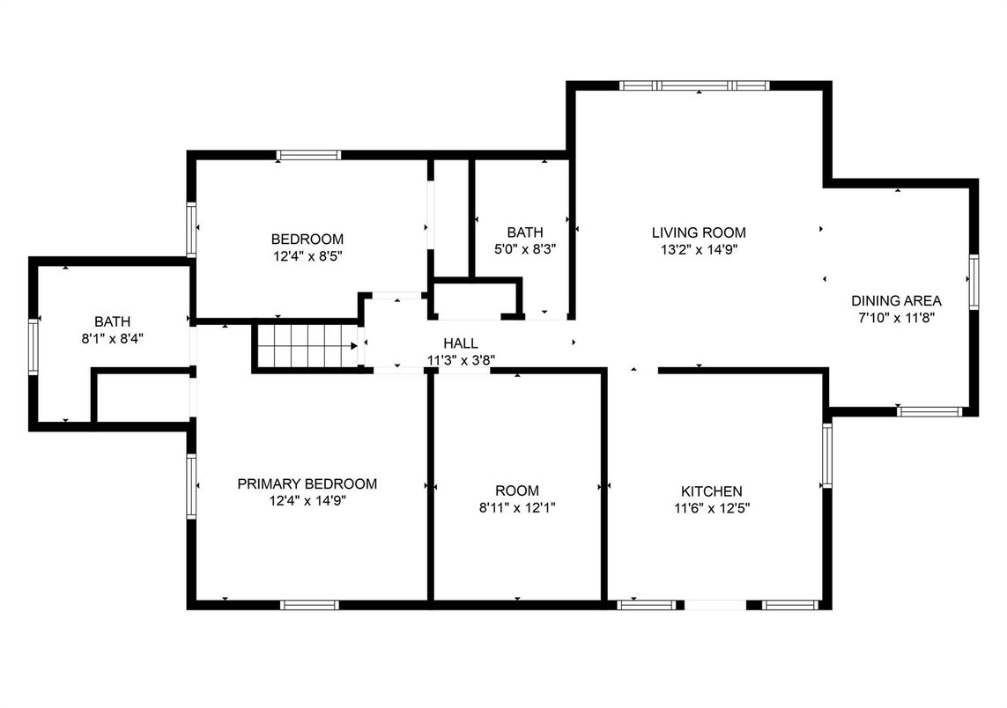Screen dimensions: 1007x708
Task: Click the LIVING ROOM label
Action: click(699, 232)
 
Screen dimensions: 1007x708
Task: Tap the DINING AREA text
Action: click(896, 300)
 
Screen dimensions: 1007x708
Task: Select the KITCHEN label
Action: click(712, 491)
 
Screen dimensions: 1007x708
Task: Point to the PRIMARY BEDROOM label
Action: click(307, 484)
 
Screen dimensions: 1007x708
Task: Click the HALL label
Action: click(461, 343)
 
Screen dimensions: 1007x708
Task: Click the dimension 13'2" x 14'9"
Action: click(699, 250)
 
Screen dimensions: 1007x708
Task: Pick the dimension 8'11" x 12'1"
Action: click(517, 508)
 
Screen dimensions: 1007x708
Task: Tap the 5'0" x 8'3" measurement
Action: click(525, 249)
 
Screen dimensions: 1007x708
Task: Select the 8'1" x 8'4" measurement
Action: click(113, 338)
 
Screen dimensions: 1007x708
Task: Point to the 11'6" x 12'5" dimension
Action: click(712, 508)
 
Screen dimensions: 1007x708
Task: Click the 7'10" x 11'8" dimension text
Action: click(896, 317)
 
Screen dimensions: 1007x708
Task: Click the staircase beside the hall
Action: click(307, 346)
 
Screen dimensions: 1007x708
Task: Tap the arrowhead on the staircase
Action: click(354, 346)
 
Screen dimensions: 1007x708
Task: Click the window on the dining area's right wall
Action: click(974, 282)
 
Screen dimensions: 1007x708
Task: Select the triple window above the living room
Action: click(694, 85)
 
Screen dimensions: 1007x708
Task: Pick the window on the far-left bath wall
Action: click(33, 347)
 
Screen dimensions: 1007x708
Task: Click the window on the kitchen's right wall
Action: click(827, 455)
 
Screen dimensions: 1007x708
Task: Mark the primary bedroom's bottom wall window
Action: click(309, 605)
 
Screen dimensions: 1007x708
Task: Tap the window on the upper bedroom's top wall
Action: click(308, 155)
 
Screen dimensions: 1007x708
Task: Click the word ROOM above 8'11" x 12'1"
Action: click(517, 491)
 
